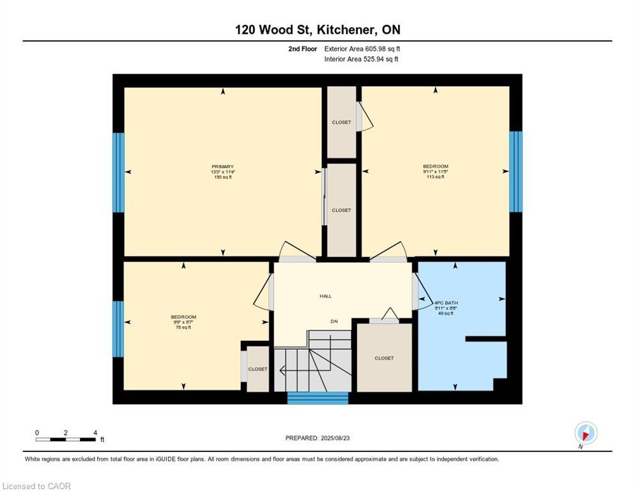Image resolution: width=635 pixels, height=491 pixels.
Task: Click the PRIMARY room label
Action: coord(222,167)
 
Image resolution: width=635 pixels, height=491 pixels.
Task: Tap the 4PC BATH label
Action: coord(447,302)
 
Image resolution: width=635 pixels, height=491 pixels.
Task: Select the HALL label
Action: coord(326,296)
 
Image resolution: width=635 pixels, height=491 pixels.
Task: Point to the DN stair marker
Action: coord(334,321)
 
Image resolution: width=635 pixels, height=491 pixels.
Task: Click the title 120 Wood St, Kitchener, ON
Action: coord(317,29)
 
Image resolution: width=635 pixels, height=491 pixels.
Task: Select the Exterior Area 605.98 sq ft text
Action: coord(362,49)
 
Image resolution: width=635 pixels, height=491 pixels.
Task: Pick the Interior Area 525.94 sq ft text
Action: coord(361,59)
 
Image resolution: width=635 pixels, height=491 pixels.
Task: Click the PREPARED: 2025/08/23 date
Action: coord(317,438)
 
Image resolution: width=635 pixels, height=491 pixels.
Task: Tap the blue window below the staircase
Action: coord(317,398)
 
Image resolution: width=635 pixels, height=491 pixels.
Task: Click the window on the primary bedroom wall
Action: coord(119,173)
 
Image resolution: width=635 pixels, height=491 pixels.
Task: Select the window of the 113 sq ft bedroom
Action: coord(516,171)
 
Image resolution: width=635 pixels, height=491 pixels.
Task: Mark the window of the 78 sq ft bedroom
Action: coord(119,329)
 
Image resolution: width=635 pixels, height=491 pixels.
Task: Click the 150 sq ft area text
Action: coord(222,177)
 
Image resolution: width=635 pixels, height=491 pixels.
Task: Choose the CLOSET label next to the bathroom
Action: coord(384,358)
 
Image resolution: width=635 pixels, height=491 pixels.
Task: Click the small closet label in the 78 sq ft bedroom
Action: coord(258,369)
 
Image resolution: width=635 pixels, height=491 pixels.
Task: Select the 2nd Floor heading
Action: coord(302,49)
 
